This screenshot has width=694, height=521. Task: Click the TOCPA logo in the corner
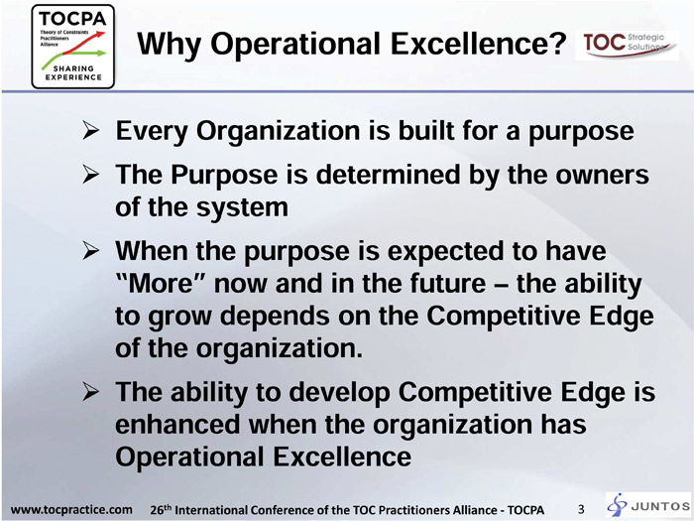click(x=73, y=47)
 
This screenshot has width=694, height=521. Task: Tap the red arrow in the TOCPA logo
click(x=84, y=43)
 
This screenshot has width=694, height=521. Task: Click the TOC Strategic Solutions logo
click(x=627, y=45)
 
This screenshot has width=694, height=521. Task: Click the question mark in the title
click(x=557, y=43)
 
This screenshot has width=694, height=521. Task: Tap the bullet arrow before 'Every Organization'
click(x=90, y=131)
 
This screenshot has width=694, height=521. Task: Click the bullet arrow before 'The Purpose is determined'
click(x=90, y=175)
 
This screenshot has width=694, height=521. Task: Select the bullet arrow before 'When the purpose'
click(x=90, y=251)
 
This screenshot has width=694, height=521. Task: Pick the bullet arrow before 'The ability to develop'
click(x=90, y=392)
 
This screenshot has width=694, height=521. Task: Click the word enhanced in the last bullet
click(x=177, y=424)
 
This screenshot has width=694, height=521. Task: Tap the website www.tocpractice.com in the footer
click(x=71, y=509)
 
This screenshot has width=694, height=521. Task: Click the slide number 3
click(x=581, y=509)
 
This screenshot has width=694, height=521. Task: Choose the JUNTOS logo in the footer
click(x=648, y=505)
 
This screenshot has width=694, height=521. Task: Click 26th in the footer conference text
click(x=161, y=509)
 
